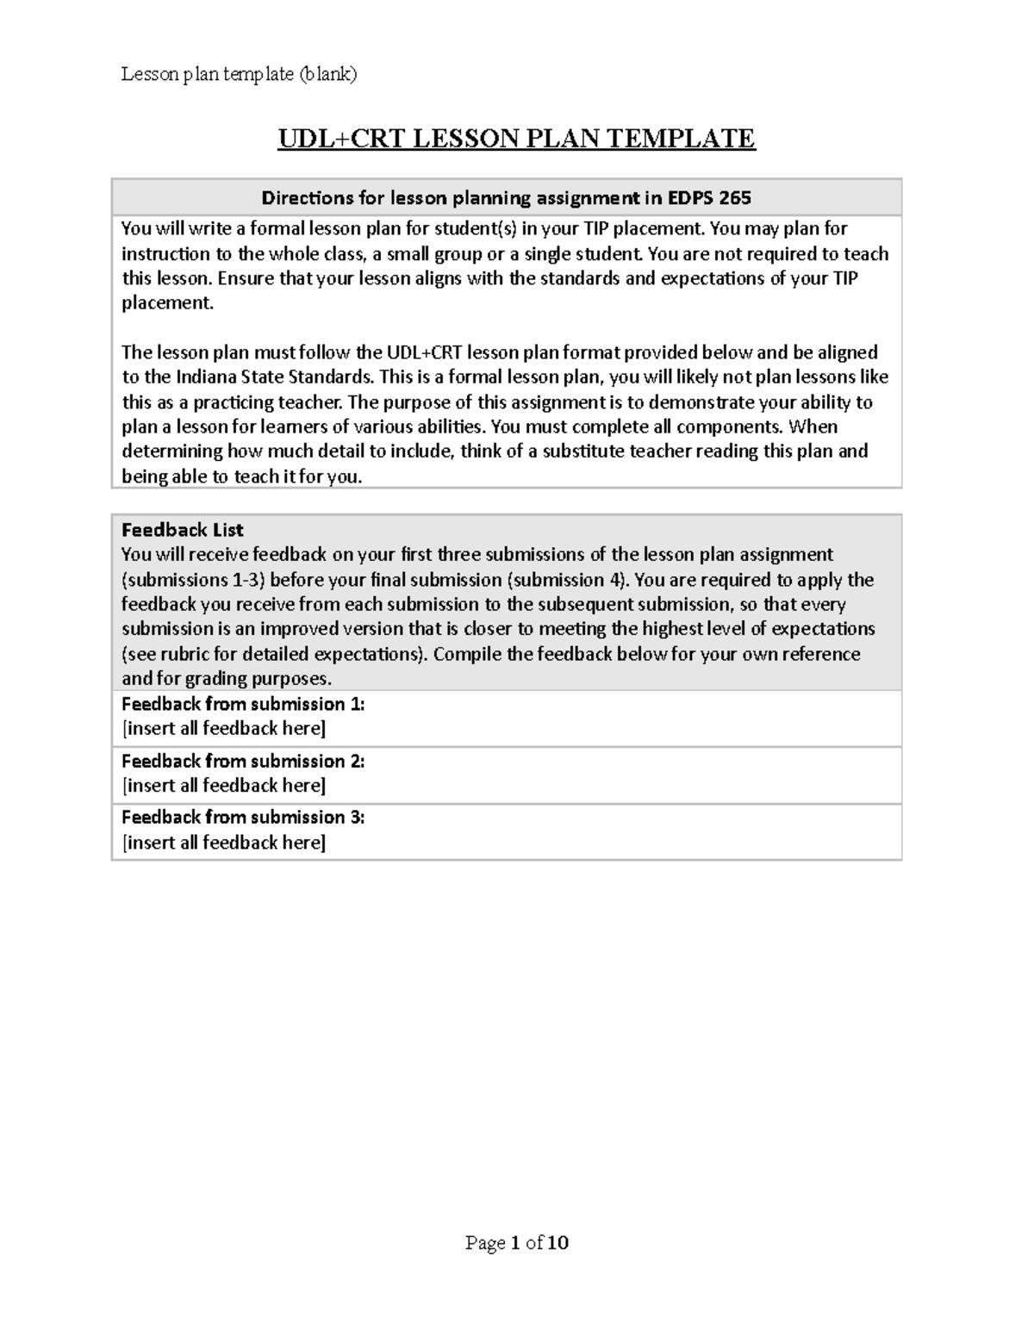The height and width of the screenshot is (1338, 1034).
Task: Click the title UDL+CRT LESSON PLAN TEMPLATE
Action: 516,139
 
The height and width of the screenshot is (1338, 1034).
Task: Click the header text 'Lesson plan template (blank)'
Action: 239,74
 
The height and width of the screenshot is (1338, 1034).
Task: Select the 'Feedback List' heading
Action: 183,530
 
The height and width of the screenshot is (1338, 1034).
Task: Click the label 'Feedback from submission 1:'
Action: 243,704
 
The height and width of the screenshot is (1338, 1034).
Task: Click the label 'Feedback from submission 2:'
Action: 243,761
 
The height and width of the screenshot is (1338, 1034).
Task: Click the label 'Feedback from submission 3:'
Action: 243,817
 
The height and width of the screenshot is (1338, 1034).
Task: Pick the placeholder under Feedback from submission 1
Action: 224,729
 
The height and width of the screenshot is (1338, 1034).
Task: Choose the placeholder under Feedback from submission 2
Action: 224,786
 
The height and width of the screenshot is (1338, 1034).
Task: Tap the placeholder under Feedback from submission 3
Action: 224,843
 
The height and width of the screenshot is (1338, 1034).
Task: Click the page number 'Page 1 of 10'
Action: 517,1242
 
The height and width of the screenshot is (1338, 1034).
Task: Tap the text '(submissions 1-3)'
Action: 193,580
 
